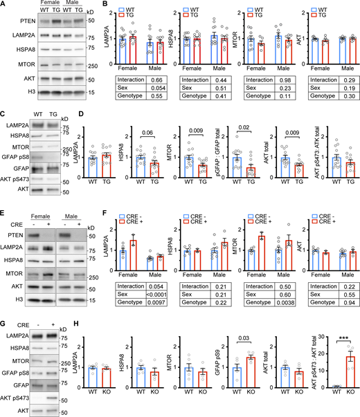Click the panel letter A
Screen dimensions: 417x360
click(x=4, y=5)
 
